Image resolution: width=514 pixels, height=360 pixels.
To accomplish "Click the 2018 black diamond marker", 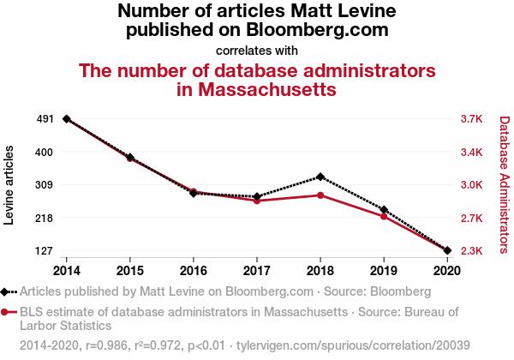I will click(320, 177).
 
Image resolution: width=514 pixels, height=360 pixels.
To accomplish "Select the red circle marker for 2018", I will click(320, 195).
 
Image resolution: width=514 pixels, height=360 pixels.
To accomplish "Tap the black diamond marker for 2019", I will click(384, 210).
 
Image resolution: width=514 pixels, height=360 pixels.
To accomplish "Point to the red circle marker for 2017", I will click(257, 201).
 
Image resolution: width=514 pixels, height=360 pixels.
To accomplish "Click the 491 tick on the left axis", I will click(45, 119).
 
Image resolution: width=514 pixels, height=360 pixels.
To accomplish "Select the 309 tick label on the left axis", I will click(45, 185).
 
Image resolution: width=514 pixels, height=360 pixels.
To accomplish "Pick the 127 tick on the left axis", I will click(45, 251).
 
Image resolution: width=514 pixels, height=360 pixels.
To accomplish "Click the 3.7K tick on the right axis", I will click(472, 119).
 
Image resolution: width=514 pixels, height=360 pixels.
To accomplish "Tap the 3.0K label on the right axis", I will click(472, 185).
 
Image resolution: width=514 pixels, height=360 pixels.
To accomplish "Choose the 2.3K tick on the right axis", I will click(472, 251).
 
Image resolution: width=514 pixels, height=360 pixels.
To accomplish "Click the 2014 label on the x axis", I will click(67, 270).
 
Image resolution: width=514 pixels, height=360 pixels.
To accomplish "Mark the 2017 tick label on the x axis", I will click(257, 270).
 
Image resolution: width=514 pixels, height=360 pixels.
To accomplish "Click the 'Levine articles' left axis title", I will click(9, 185).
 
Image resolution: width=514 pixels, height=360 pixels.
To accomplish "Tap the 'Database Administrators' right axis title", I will click(504, 185).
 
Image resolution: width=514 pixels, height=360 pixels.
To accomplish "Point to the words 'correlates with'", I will click(257, 50).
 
